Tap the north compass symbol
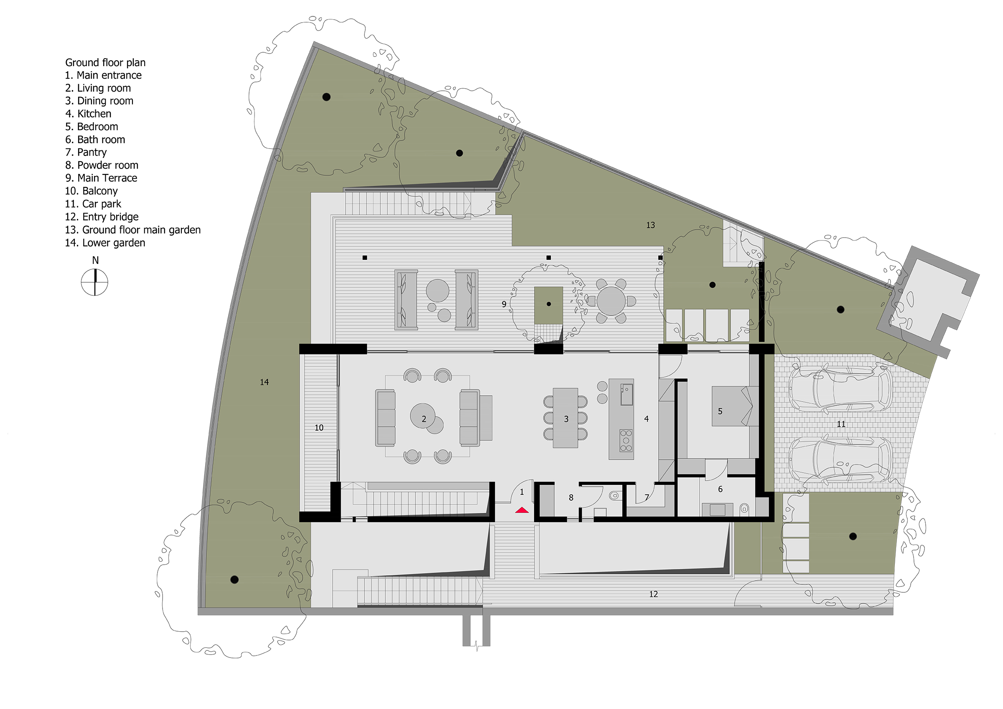[94, 282]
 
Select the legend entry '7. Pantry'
[86, 152]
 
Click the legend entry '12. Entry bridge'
[102, 217]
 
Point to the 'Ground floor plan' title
[105, 62]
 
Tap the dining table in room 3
[565, 418]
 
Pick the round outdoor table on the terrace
[611, 301]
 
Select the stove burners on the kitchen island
[626, 440]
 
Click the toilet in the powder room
[614, 496]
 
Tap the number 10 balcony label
[319, 427]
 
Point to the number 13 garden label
[650, 225]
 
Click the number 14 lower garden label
[264, 382]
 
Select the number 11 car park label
[841, 424]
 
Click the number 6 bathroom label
[720, 489]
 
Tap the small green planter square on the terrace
[548, 305]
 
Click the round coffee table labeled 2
[423, 416]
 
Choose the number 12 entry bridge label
[653, 594]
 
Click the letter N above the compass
[95, 261]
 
